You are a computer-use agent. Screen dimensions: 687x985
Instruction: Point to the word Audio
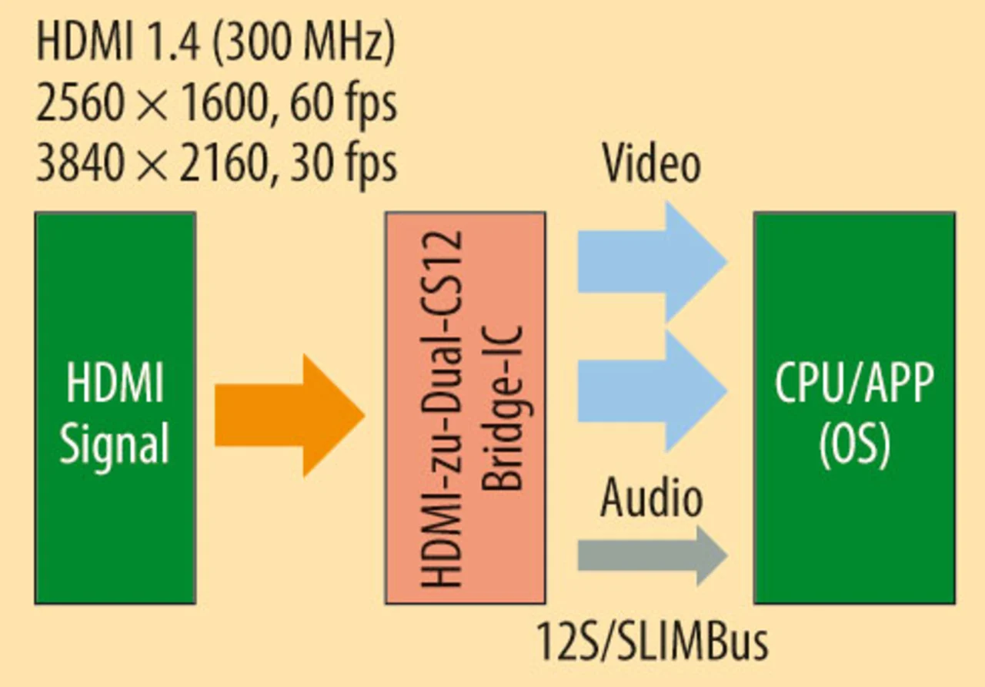pyautogui.click(x=651, y=498)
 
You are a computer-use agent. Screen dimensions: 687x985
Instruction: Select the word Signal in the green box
pyautogui.click(x=115, y=444)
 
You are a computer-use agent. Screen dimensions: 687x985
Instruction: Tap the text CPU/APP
pyautogui.click(x=854, y=384)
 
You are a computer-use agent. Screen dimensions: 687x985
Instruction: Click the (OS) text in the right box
pyautogui.click(x=854, y=444)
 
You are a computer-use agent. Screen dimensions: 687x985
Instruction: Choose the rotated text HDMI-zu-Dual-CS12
pyautogui.click(x=443, y=408)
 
